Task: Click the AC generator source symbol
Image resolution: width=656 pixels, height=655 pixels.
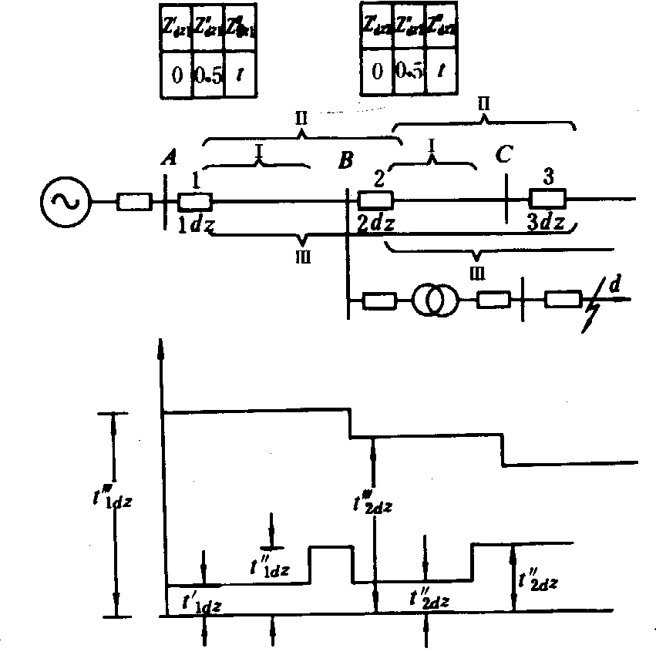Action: [64, 202]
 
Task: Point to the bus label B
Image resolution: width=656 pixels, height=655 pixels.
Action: [346, 161]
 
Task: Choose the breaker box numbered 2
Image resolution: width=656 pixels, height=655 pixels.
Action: [375, 200]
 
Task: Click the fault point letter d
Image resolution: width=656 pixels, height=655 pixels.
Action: [614, 286]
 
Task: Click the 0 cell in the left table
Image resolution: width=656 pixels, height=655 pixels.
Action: [177, 76]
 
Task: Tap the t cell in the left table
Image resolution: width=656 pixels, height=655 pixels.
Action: [240, 76]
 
